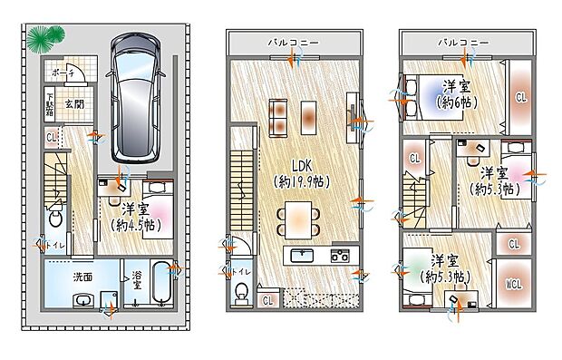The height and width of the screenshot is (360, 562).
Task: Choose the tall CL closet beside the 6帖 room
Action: (x=521, y=95)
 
